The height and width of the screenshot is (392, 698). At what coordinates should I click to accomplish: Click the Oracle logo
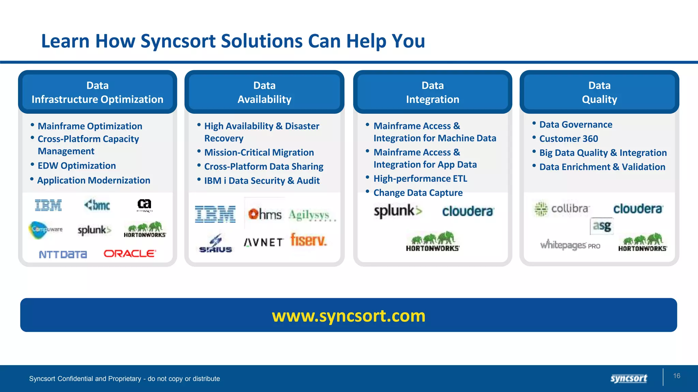[130, 254]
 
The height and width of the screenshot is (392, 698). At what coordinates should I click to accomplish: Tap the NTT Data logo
[63, 255]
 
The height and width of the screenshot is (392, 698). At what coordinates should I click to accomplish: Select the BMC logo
[97, 205]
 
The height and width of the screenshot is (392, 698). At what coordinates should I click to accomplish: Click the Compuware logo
[46, 230]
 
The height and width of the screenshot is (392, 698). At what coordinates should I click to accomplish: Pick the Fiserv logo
[308, 240]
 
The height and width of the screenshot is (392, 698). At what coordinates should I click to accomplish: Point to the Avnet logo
[263, 242]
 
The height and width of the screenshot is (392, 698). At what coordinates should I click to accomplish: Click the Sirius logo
[215, 244]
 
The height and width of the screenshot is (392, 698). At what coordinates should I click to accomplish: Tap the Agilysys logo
[310, 215]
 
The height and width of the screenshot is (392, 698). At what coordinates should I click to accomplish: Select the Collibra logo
[561, 209]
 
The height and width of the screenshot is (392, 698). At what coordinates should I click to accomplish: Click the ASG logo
[602, 226]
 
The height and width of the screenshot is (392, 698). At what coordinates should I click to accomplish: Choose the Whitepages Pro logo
[570, 245]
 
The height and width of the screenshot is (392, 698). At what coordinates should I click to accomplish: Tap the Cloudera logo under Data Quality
[638, 209]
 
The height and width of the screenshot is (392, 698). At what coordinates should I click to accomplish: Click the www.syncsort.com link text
[349, 316]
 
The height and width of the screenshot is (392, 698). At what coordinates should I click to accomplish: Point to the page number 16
[677, 376]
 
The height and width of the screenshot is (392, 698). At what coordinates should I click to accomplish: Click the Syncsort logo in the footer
[628, 378]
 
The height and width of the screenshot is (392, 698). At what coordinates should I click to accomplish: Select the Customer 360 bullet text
[568, 139]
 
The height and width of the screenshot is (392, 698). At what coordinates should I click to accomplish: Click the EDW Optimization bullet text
[77, 166]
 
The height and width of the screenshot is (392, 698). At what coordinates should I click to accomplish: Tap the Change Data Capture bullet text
[418, 193]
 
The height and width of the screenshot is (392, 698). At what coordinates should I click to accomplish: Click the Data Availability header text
[264, 92]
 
